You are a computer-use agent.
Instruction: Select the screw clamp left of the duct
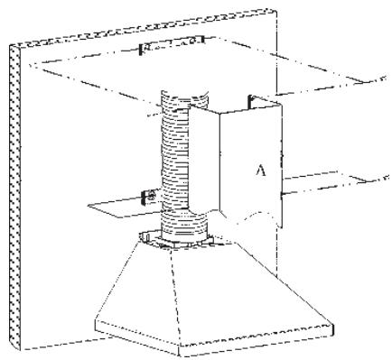tap(148, 195)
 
